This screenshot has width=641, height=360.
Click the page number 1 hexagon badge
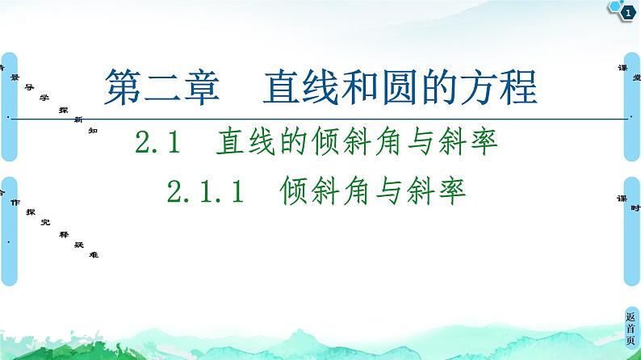click(627, 11)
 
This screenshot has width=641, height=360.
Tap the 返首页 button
click(631, 329)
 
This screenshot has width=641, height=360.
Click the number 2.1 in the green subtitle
click(156, 145)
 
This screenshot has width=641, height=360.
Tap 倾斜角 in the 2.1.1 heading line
click(325, 193)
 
